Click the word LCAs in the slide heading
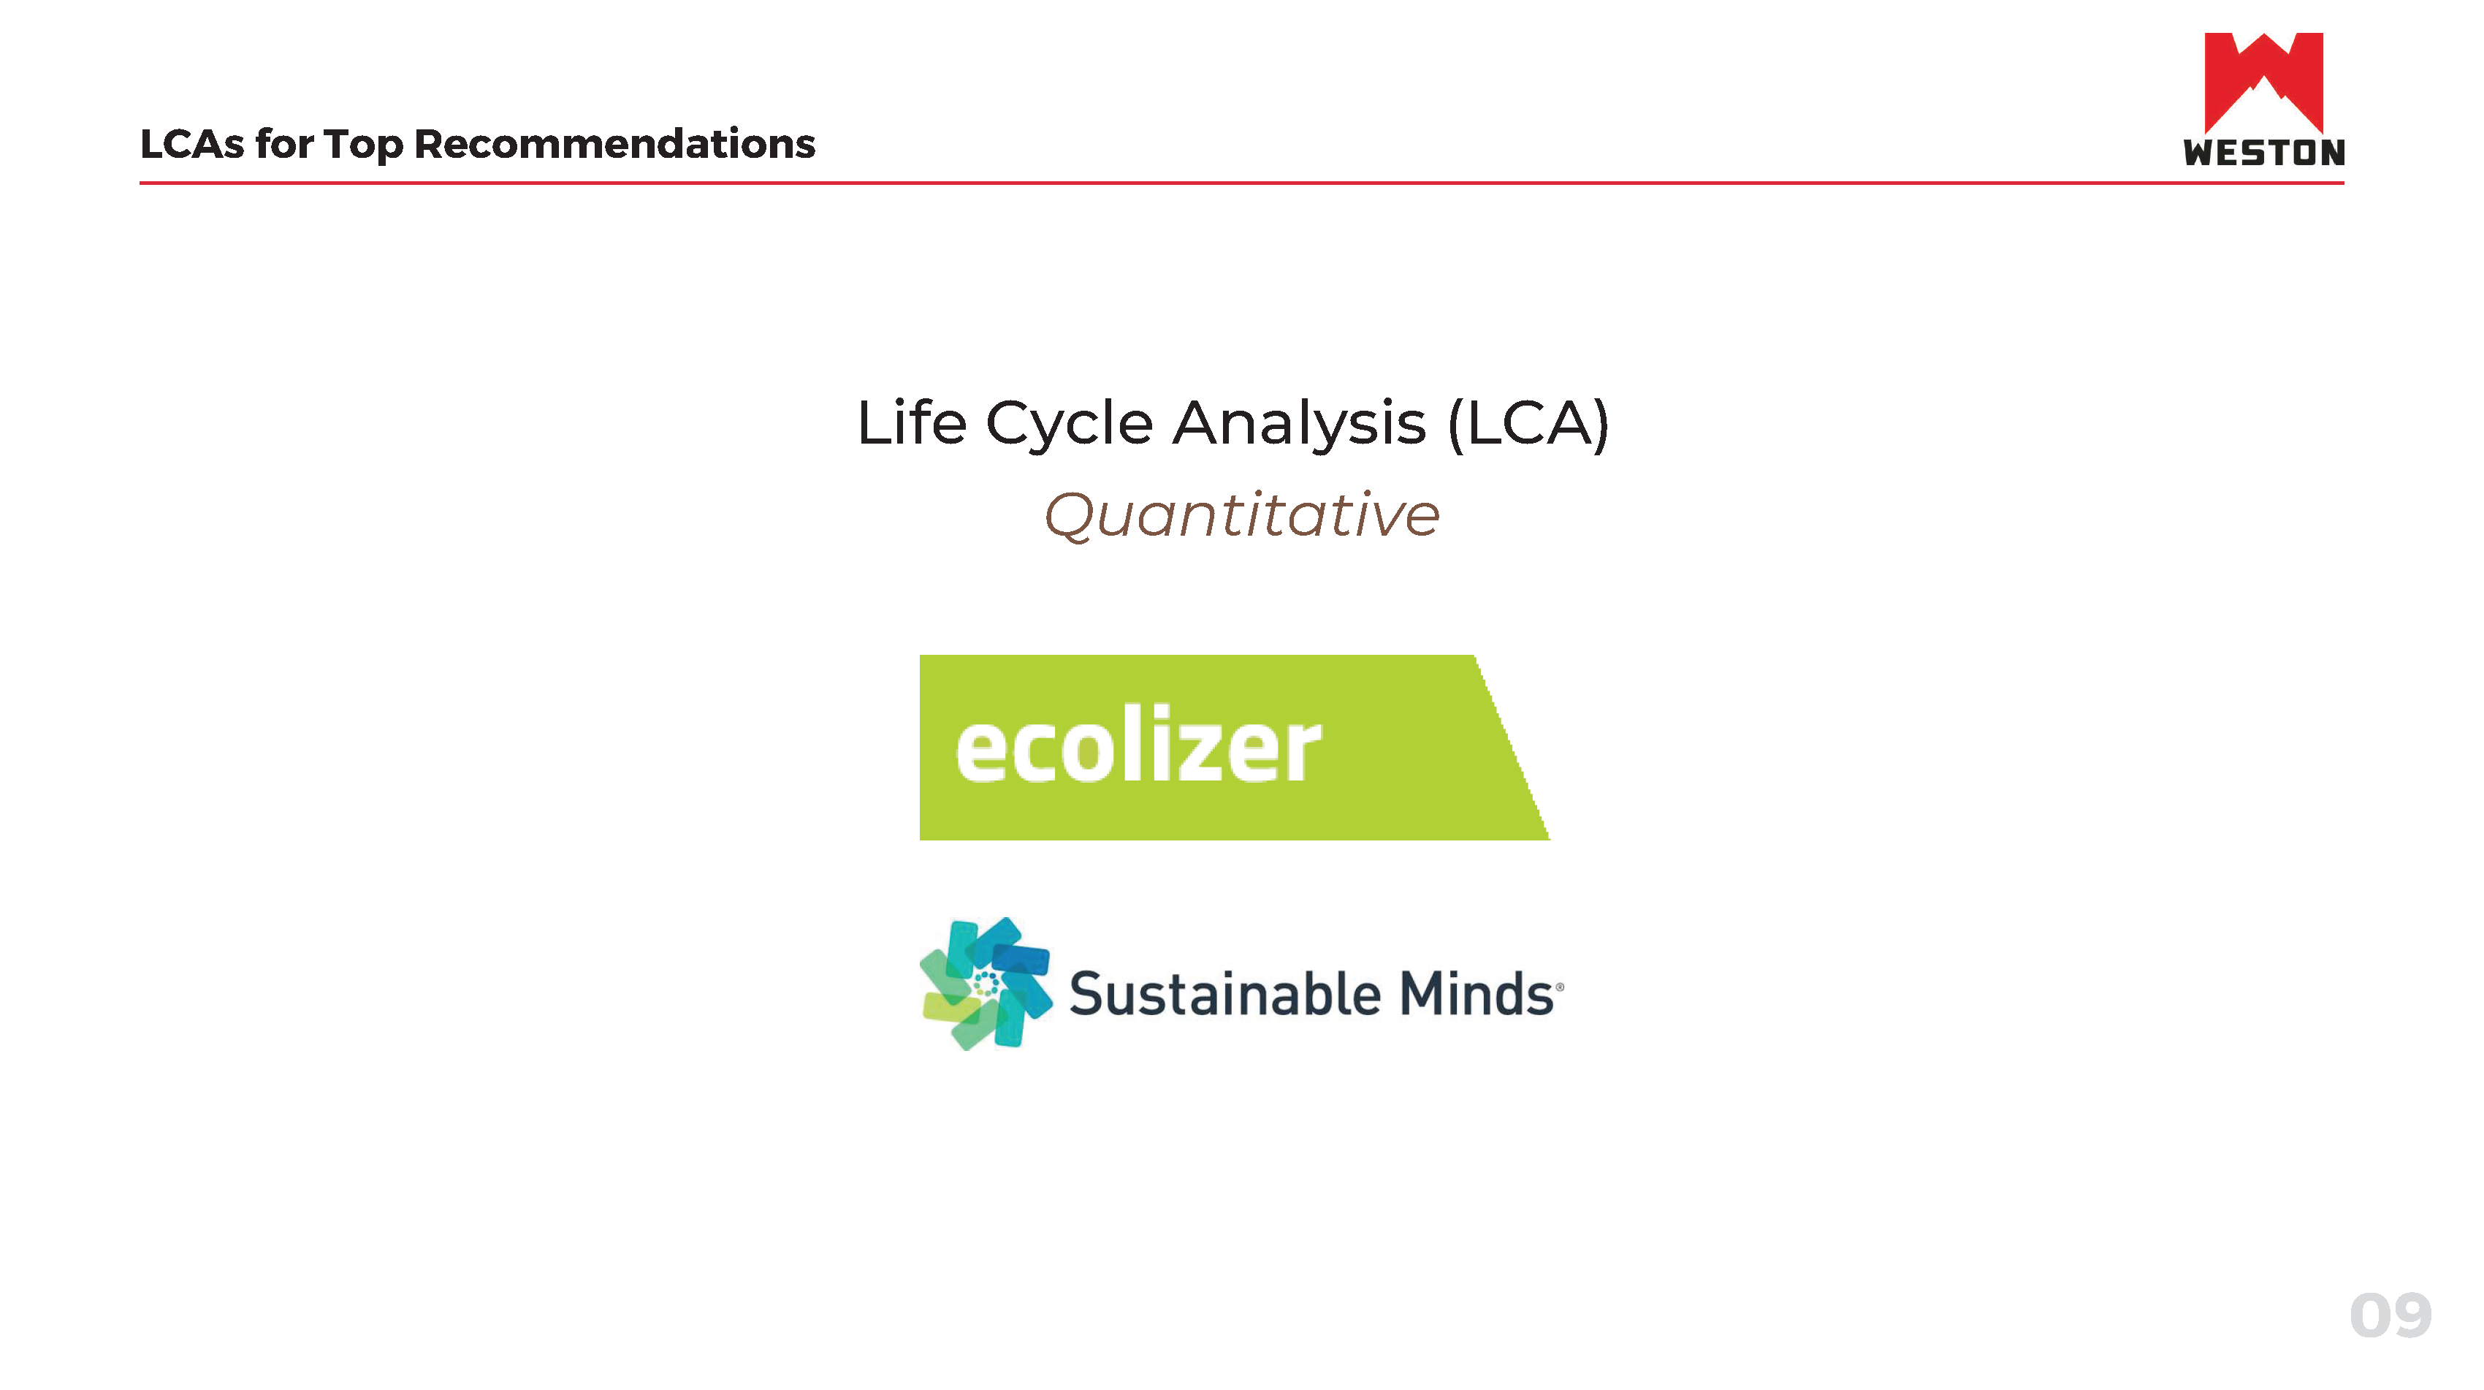coord(192,144)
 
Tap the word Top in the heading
coord(362,145)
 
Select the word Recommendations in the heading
coord(614,144)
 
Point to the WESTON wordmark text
coord(2263,153)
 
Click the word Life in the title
coord(911,422)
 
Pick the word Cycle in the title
coord(1068,425)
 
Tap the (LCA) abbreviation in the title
coord(1528,425)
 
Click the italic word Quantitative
coord(1242,515)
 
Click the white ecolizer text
coord(1138,744)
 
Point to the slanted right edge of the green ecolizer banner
coord(1512,748)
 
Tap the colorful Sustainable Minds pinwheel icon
coord(986,983)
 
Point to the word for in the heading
coord(284,144)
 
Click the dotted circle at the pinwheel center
coord(986,984)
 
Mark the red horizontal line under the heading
coord(1242,182)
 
